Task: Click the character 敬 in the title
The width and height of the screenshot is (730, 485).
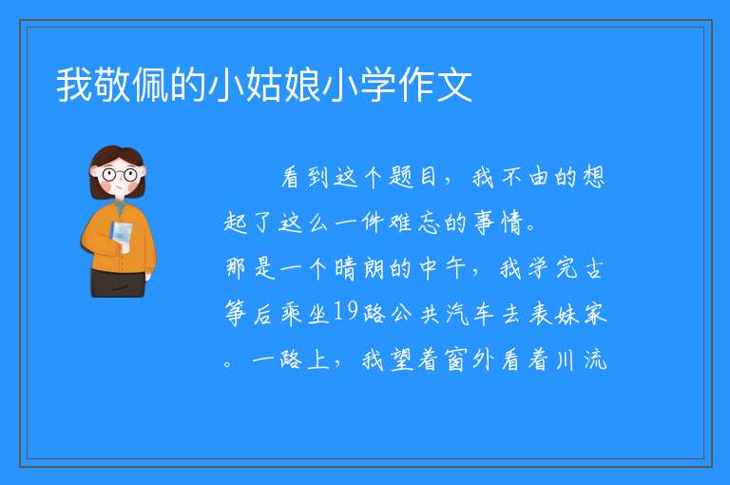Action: click(x=112, y=85)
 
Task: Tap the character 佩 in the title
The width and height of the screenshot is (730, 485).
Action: click(x=150, y=85)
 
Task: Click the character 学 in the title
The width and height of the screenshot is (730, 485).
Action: click(x=378, y=85)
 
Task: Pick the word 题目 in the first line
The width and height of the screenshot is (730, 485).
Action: click(x=413, y=178)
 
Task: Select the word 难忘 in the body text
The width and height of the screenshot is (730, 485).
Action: click(x=414, y=223)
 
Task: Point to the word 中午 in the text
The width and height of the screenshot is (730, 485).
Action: click(x=442, y=268)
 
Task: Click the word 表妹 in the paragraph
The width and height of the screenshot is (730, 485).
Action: click(x=553, y=313)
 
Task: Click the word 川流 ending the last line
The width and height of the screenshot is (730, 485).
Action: click(x=582, y=359)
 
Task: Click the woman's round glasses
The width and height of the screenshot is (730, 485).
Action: click(x=120, y=175)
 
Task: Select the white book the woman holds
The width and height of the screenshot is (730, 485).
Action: click(x=122, y=235)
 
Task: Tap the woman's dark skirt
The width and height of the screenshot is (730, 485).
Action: click(x=118, y=282)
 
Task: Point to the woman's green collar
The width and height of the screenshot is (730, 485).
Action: click(x=120, y=206)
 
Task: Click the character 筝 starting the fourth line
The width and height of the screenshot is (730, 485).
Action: click(x=236, y=313)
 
